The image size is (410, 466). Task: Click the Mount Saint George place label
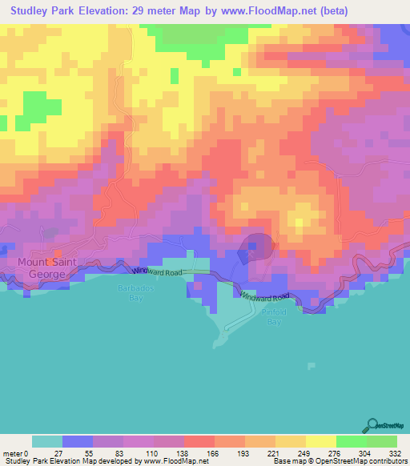click(44, 267)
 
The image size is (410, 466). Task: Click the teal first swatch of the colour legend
click(47, 441)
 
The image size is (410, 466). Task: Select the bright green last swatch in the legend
click(381, 441)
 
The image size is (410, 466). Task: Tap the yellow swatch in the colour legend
click(320, 441)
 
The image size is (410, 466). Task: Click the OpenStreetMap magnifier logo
click(373, 424)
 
